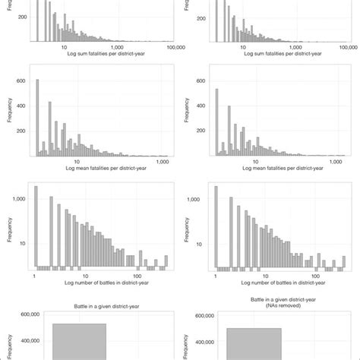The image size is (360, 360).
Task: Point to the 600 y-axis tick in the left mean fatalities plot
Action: pyautogui.click(x=21, y=81)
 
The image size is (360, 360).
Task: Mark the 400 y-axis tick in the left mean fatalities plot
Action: pyautogui.click(x=21, y=106)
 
